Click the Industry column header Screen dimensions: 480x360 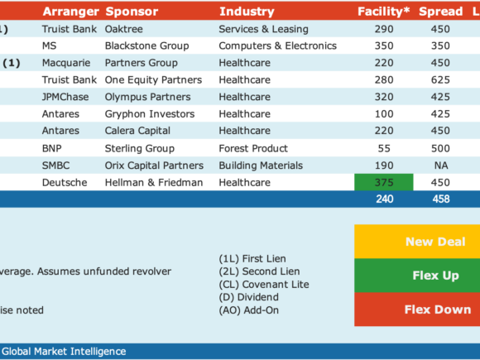click(247, 12)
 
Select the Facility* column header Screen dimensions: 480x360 click(383, 12)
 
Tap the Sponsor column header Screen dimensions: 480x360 click(132, 12)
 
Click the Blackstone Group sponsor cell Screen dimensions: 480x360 click(147, 46)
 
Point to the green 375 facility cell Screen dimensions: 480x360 click(384, 182)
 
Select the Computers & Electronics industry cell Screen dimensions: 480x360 click(277, 46)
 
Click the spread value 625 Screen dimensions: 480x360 click(440, 80)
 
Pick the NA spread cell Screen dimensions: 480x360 click(441, 166)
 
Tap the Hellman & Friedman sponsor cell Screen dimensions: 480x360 click(154, 183)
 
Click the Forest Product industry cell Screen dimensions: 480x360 click(253, 148)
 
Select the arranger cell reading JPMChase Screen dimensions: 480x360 click(65, 97)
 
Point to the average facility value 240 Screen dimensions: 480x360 click(385, 199)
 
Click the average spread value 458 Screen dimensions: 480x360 click(441, 199)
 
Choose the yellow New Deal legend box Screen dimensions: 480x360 click(417, 242)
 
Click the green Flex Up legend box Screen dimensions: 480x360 click(417, 276)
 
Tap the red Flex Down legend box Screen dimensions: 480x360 click(417, 310)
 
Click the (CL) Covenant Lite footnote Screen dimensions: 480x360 click(264, 285)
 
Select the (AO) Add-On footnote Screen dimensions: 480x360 click(249, 310)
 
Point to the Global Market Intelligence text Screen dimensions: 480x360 click(64, 352)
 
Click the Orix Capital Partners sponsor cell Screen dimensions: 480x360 click(154, 166)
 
